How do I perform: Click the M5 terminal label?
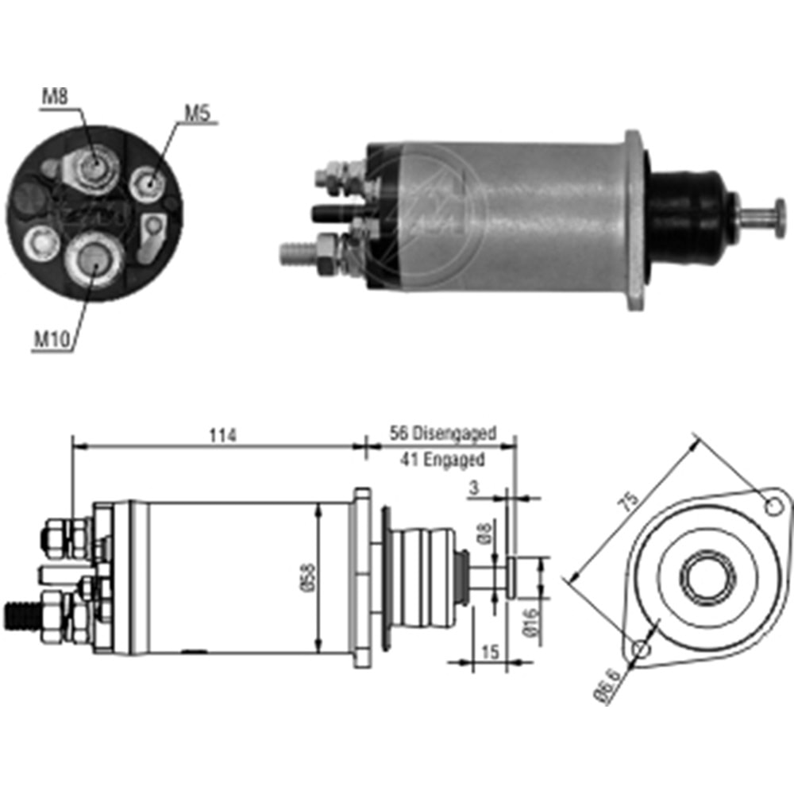(x=197, y=113)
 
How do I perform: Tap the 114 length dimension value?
(x=222, y=435)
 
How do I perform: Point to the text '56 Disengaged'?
(x=442, y=434)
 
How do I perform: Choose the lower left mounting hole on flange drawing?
(x=639, y=649)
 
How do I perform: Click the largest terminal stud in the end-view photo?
(x=94, y=259)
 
